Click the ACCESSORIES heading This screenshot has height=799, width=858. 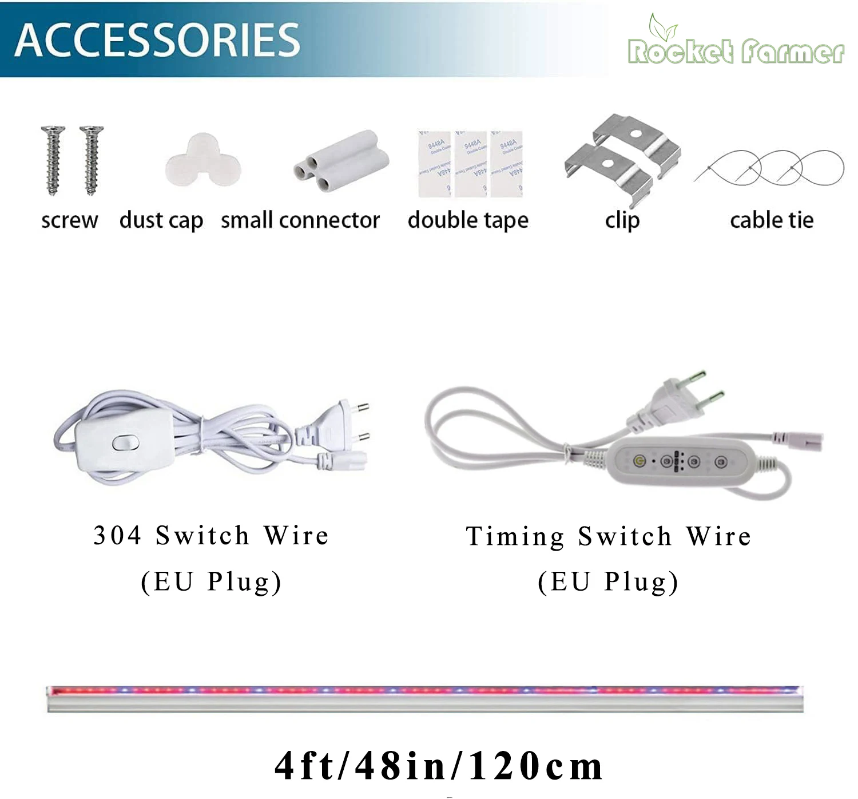pyautogui.click(x=157, y=40)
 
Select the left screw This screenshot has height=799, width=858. pyautogui.click(x=53, y=160)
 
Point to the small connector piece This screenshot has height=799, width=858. pyautogui.click(x=341, y=161)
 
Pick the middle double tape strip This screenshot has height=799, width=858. pyautogui.click(x=471, y=164)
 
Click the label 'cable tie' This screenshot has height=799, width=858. pyautogui.click(x=772, y=220)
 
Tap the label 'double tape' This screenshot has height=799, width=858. pyautogui.click(x=468, y=220)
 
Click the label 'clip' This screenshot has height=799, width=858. pyautogui.click(x=622, y=220)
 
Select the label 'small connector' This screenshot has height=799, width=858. pyautogui.click(x=300, y=220)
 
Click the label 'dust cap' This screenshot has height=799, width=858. pyautogui.click(x=161, y=220)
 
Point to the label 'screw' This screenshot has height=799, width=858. pyautogui.click(x=69, y=220)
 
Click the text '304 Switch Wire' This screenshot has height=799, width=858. pyautogui.click(x=211, y=536)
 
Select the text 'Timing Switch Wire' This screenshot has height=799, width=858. pyautogui.click(x=609, y=537)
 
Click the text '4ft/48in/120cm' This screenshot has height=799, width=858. pyautogui.click(x=439, y=766)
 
